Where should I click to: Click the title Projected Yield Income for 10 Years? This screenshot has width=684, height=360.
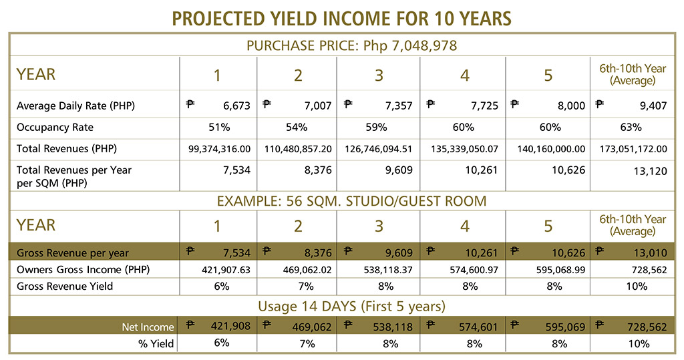(342, 17)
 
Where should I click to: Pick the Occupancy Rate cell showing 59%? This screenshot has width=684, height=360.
(378, 127)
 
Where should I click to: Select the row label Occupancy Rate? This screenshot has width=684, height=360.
(55, 127)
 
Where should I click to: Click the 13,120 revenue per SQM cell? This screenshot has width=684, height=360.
(652, 171)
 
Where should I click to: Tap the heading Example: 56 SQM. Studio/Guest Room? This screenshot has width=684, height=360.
(342, 200)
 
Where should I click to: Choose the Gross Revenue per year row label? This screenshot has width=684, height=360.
(73, 253)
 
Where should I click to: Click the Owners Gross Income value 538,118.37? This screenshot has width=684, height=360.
(378, 271)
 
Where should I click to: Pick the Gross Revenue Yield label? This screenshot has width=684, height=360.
(65, 287)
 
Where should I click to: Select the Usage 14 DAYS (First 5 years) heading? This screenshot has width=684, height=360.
(342, 307)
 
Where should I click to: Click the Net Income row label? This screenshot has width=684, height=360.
(148, 327)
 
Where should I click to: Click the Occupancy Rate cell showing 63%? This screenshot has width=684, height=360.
(631, 127)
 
